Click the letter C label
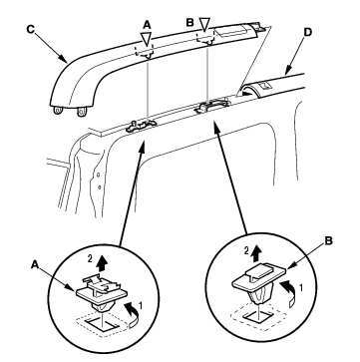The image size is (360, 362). click(x=30, y=29)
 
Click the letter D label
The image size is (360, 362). click(x=308, y=32)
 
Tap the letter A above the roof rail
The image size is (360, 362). click(x=148, y=24)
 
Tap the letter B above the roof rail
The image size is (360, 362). click(x=189, y=22)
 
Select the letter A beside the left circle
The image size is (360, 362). click(x=35, y=264)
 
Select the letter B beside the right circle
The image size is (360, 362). click(x=328, y=241)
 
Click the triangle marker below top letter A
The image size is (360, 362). click(x=146, y=39)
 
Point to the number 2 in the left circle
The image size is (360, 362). click(x=91, y=259)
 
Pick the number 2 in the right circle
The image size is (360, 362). click(x=246, y=251)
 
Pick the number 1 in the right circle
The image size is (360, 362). click(x=301, y=288)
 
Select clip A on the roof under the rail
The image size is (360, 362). click(x=141, y=126)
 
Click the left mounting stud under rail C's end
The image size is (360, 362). click(x=58, y=111)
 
